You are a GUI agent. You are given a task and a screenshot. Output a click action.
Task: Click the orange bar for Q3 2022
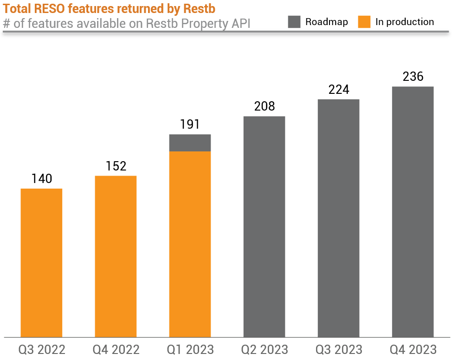(41, 262)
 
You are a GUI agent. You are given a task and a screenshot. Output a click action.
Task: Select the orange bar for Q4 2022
(116, 256)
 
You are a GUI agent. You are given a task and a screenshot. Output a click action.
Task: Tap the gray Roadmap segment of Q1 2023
(190, 143)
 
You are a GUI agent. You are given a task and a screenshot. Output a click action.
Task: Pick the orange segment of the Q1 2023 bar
(190, 244)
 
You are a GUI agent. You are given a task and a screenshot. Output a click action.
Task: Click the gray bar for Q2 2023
(264, 226)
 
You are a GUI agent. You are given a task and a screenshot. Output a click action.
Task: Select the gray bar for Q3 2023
(338, 218)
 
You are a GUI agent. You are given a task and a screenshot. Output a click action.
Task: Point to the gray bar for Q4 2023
(413, 211)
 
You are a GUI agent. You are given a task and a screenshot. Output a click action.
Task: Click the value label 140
(42, 179)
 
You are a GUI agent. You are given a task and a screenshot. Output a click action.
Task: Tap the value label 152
(116, 166)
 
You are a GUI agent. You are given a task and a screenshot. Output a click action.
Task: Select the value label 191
(190, 124)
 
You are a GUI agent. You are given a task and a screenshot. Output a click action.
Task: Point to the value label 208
(265, 106)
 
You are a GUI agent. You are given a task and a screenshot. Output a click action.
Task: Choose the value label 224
(339, 90)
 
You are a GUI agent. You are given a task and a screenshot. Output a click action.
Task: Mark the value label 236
(413, 77)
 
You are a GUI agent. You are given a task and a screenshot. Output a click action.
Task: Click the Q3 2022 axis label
(42, 349)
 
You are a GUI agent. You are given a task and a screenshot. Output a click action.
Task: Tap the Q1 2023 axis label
(190, 349)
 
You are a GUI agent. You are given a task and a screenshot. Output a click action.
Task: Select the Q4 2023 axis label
(413, 349)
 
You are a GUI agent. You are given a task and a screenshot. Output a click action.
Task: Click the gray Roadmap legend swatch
(294, 22)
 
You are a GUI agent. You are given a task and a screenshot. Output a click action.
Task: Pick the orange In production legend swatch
(364, 22)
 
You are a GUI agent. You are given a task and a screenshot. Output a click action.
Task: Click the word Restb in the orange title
(200, 9)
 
